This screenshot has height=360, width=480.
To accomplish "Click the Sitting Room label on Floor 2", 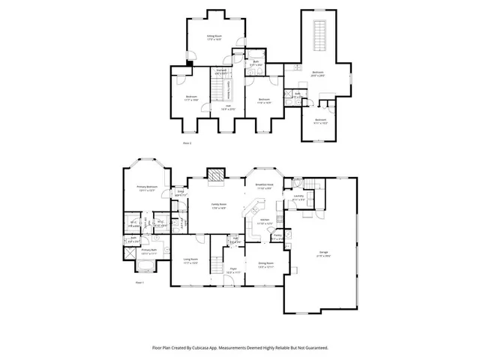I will pyautogui.click(x=215, y=35).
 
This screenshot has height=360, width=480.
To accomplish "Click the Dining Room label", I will pyautogui.click(x=265, y=263).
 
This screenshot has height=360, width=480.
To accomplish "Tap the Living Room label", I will pyautogui.click(x=190, y=261).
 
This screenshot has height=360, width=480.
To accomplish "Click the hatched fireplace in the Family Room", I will pyautogui.click(x=216, y=175).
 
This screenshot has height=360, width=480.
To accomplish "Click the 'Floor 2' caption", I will pyautogui.click(x=187, y=142).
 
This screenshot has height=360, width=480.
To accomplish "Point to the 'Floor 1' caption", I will pyautogui.click(x=139, y=283).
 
